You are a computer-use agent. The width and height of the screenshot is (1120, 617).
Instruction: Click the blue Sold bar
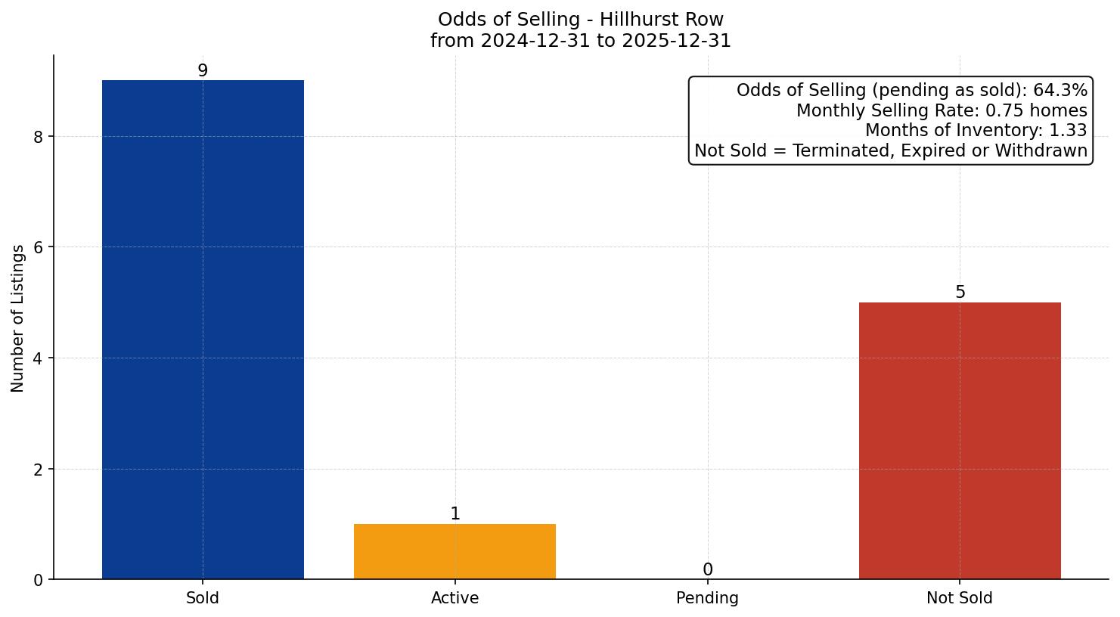(203, 330)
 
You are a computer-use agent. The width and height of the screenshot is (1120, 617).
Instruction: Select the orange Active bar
(455, 551)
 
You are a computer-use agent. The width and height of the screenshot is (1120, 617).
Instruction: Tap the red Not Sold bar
(960, 441)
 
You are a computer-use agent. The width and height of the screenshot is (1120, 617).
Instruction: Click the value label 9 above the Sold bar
(203, 70)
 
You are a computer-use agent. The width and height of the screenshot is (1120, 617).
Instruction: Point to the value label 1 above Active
(455, 514)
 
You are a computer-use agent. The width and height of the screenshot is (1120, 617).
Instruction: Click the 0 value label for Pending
(707, 570)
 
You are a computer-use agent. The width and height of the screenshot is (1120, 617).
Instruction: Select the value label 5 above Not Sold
(960, 293)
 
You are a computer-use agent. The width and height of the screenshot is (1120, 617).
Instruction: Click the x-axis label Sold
(203, 598)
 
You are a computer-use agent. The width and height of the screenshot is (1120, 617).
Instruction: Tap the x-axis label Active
(455, 598)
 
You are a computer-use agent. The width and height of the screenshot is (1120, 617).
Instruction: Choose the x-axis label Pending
(707, 598)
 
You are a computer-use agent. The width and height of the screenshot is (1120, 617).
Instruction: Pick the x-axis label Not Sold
(959, 598)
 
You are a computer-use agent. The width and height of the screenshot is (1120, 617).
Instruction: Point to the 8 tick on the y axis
(38, 137)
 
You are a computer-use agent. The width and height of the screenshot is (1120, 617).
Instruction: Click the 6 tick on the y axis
(38, 247)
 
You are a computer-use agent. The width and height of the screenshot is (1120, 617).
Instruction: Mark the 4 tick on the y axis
(38, 358)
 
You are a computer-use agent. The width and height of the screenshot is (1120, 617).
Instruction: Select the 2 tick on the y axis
(38, 470)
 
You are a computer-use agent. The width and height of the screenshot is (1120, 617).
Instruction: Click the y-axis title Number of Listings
(18, 318)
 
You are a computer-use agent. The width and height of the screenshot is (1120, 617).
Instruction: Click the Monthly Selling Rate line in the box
(942, 111)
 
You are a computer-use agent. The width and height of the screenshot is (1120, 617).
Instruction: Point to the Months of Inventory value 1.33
(1068, 131)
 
